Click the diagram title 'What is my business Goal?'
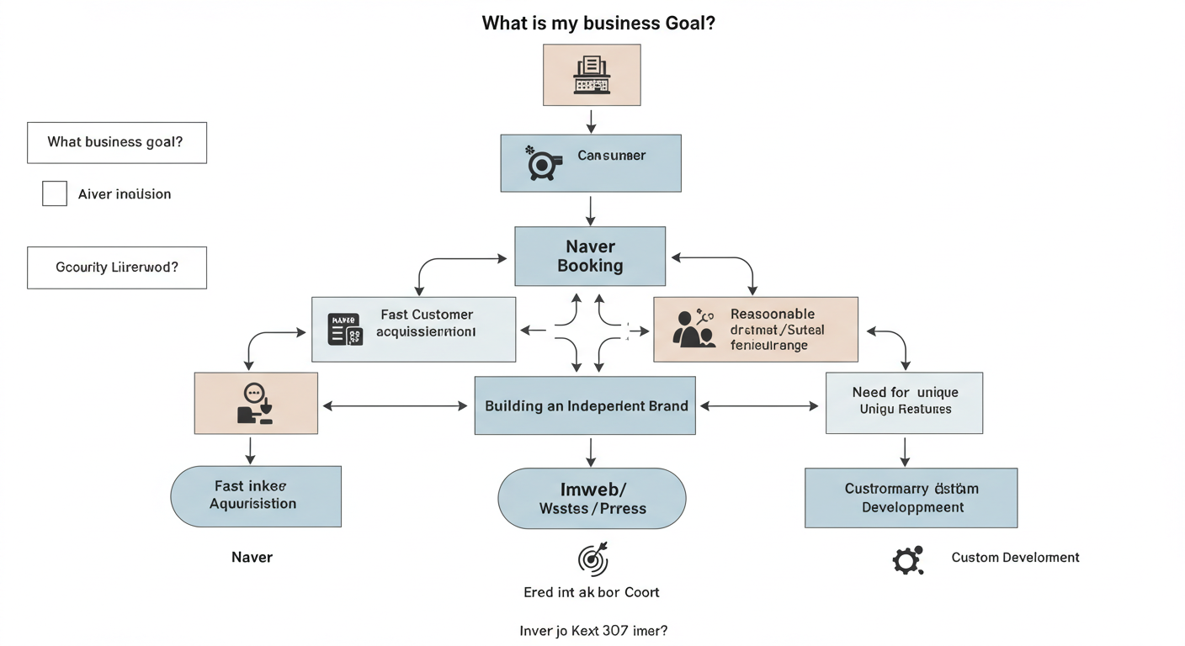(x=598, y=23)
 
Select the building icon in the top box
(x=591, y=75)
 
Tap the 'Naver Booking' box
(x=590, y=256)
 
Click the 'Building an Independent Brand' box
(x=585, y=405)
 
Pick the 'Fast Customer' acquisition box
(x=413, y=329)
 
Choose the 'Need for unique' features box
(x=904, y=403)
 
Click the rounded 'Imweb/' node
(x=592, y=498)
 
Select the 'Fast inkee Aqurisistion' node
(x=256, y=496)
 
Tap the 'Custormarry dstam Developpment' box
(x=911, y=498)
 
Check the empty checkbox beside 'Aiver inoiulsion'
(x=55, y=193)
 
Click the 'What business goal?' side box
(x=116, y=142)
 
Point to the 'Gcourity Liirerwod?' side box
(x=116, y=267)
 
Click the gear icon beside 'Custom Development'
(x=907, y=559)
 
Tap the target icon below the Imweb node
(x=592, y=559)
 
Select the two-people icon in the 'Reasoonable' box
(x=694, y=329)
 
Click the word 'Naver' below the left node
(x=252, y=557)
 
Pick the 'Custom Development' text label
(x=1015, y=557)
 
